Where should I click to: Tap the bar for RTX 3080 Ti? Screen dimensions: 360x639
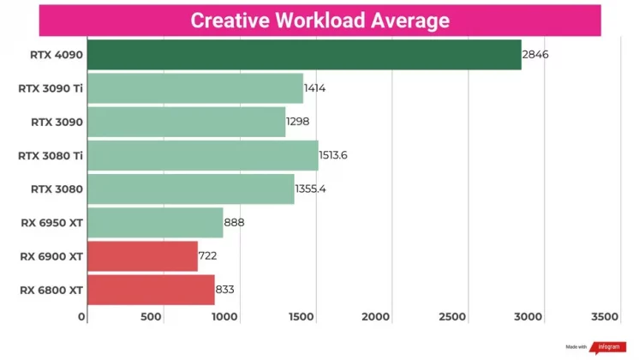click(202, 155)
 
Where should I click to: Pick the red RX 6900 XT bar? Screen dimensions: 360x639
click(142, 255)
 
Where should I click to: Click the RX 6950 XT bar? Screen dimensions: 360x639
click(155, 222)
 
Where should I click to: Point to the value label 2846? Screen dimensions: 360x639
click(535, 55)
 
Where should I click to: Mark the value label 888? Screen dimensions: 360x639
click(235, 222)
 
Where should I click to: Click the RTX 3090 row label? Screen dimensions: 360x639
click(57, 122)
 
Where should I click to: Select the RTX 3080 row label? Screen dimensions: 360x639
click(57, 189)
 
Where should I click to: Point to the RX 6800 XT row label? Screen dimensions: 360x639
click(51, 290)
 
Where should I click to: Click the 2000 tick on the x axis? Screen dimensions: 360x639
click(377, 317)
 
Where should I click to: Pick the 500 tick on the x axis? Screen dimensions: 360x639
click(151, 317)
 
